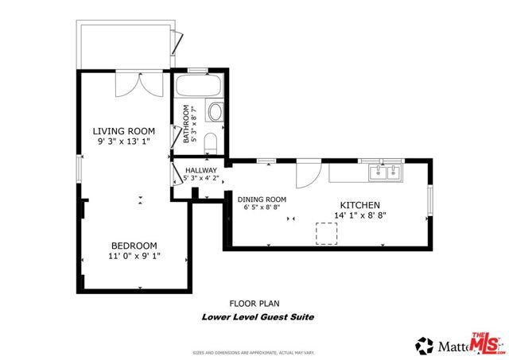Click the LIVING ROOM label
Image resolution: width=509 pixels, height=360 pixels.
[123, 131]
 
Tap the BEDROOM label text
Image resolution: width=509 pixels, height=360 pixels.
[134, 246]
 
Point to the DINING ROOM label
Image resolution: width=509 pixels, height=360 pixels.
[262, 199]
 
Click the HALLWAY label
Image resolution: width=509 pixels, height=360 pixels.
[201, 171]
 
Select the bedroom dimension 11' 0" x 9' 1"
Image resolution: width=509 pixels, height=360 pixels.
[134, 257]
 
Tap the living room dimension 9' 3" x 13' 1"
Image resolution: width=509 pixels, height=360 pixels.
[123, 141]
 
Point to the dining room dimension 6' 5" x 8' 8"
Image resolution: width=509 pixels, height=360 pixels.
[262, 208]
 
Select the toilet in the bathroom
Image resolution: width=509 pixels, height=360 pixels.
[212, 142]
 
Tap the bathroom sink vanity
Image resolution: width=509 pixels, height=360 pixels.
[215, 110]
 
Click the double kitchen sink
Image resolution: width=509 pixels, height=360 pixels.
[386, 170]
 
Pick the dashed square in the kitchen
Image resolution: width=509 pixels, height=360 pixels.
[327, 233]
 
